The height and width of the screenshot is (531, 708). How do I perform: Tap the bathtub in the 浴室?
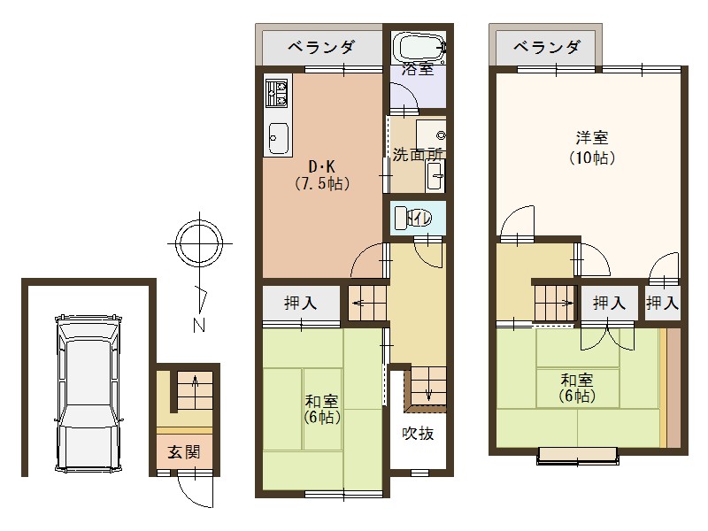[419, 47]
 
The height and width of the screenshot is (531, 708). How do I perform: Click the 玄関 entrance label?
[184, 451]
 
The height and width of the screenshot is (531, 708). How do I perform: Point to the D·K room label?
[321, 166]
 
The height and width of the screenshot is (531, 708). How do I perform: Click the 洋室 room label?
[591, 138]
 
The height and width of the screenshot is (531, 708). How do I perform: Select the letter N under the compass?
[201, 323]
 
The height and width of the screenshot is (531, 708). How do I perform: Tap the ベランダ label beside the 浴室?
[320, 46]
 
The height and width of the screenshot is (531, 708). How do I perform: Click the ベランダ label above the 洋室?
[548, 47]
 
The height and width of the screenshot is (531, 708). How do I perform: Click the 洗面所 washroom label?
[418, 153]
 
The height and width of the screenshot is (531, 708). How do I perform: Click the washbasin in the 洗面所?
[435, 177]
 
